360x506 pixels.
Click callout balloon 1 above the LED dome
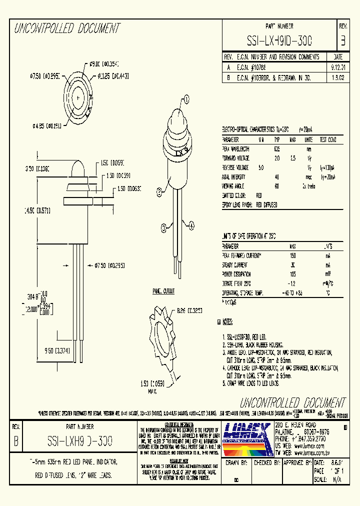186,99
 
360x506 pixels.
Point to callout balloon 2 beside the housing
159,190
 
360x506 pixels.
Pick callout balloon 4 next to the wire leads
190,226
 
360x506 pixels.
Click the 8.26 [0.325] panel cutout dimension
188,310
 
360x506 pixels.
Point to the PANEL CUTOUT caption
163,290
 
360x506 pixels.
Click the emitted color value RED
259,195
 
